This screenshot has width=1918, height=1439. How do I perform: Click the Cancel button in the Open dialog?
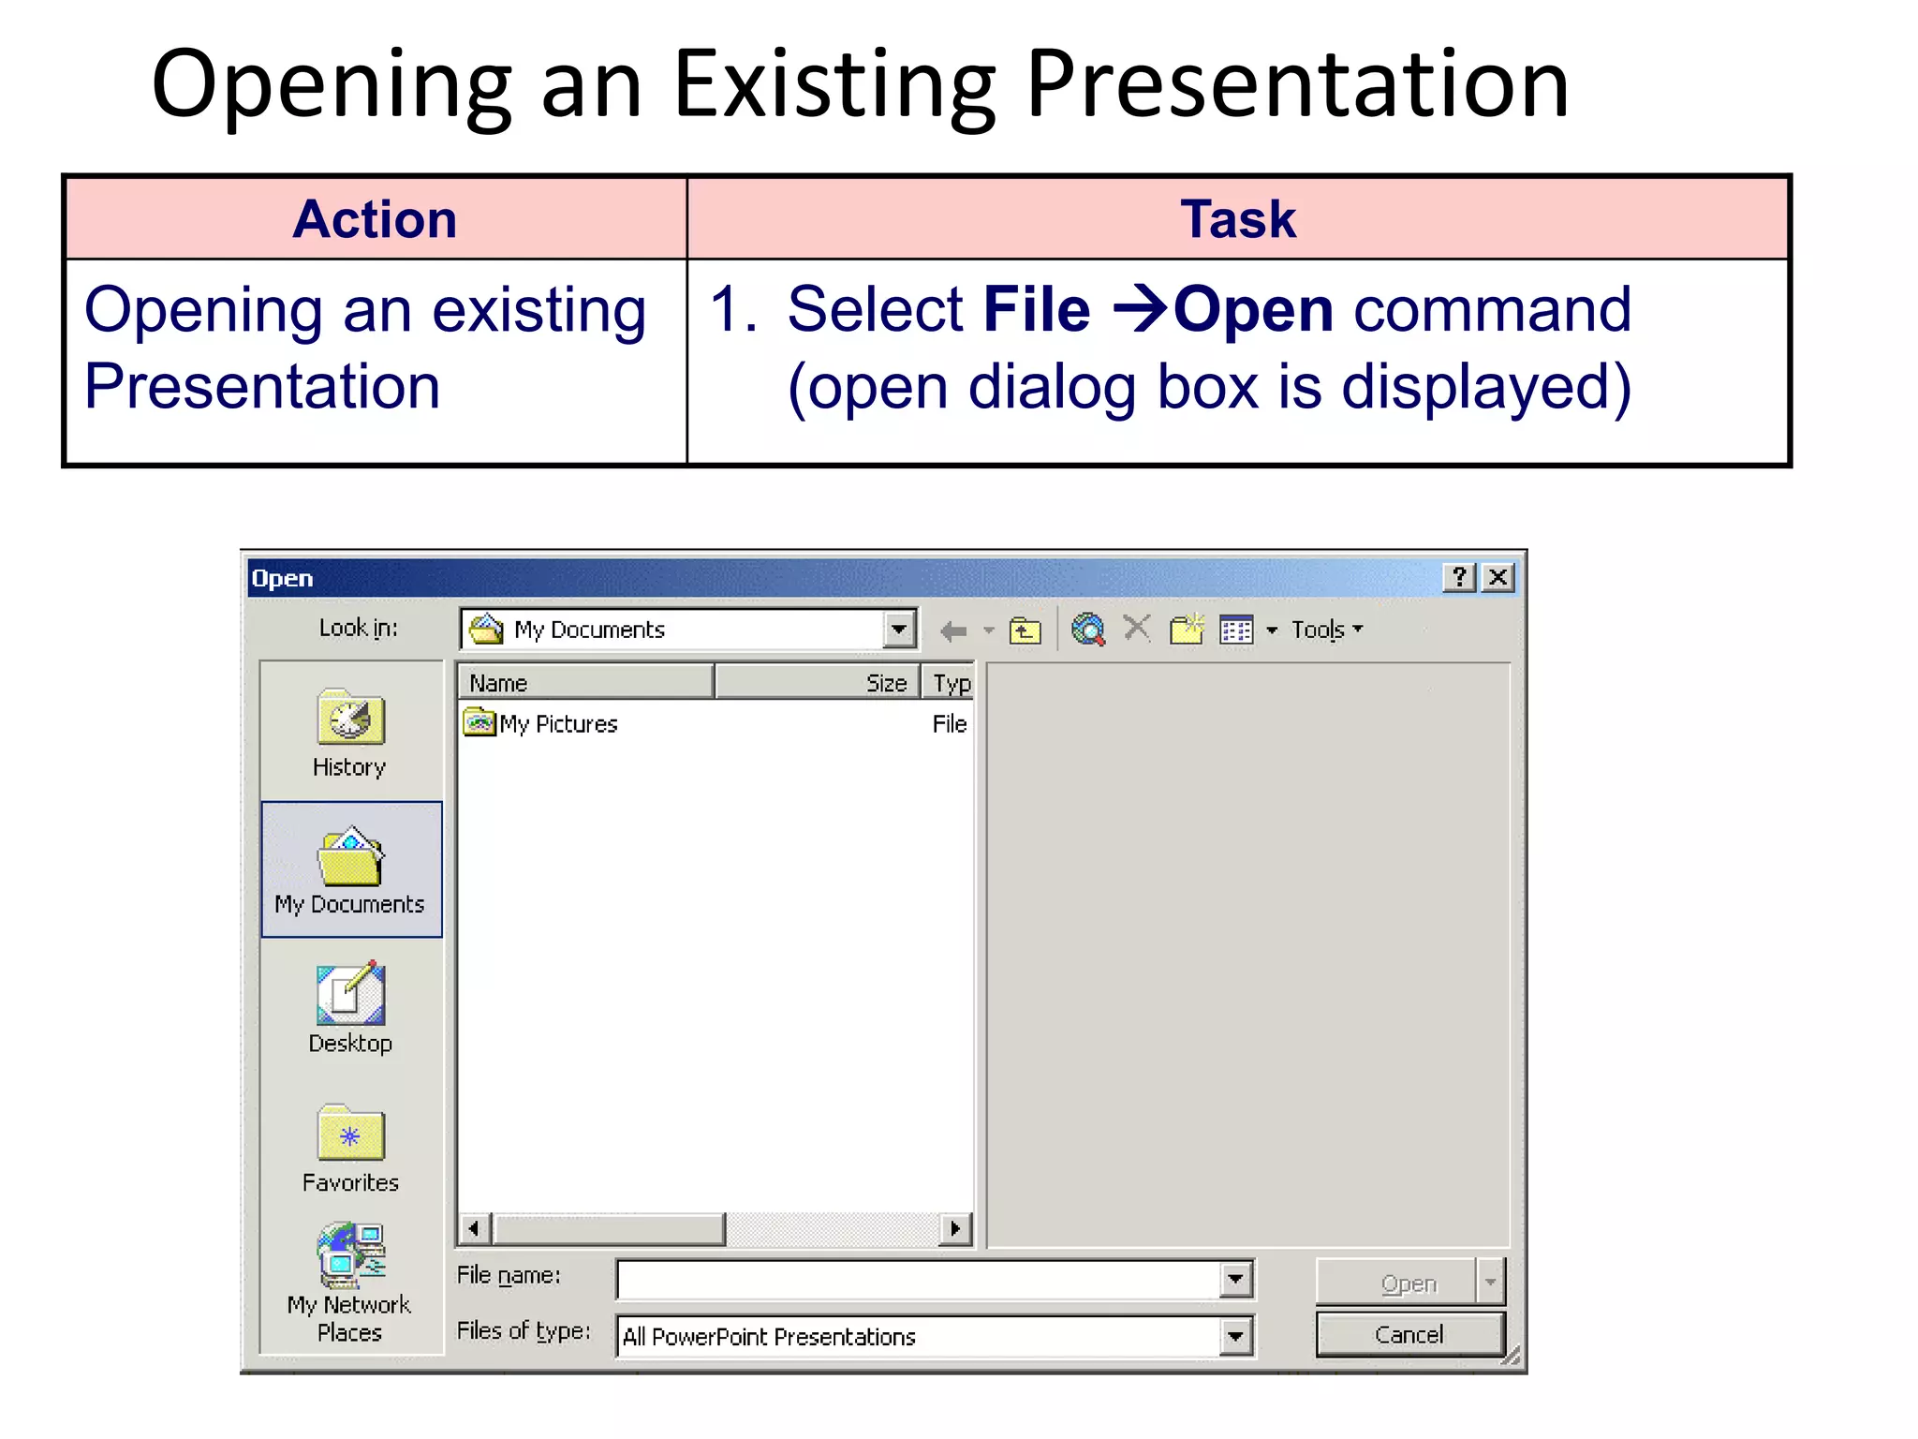[1409, 1334]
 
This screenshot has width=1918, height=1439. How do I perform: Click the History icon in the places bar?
[350, 719]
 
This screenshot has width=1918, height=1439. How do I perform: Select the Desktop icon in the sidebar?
[350, 995]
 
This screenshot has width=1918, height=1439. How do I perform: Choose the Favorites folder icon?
[350, 1134]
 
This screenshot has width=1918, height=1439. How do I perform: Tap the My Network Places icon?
[350, 1255]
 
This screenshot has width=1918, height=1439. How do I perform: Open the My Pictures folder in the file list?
[558, 724]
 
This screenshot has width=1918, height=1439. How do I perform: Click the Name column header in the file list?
[585, 683]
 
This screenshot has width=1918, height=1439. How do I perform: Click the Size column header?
[817, 683]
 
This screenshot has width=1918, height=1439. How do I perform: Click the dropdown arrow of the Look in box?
[899, 629]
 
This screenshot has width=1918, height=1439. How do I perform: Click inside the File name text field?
[918, 1280]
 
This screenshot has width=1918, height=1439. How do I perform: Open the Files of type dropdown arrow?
[1235, 1337]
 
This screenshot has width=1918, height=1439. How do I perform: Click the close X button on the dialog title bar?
[1498, 577]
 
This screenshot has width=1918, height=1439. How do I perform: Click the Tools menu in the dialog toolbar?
[1326, 630]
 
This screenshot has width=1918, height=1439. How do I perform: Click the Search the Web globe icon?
[1088, 630]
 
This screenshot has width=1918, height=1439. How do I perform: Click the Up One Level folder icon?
[1025, 630]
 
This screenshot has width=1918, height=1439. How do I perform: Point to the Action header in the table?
[375, 219]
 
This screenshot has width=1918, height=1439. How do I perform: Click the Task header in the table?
[1238, 219]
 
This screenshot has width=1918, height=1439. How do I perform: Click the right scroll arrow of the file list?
[955, 1228]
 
